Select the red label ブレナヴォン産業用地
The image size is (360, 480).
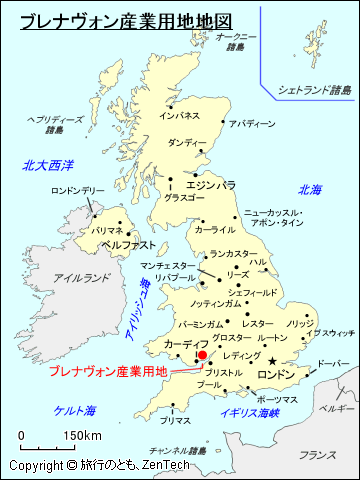tap(107, 372)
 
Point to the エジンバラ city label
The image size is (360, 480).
tap(210, 185)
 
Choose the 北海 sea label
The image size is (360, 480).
tap(309, 189)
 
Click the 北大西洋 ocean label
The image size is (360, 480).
tap(50, 164)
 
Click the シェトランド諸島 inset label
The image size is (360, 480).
tap(315, 90)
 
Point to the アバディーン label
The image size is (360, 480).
tap(251, 124)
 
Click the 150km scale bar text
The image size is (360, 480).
tap(81, 435)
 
